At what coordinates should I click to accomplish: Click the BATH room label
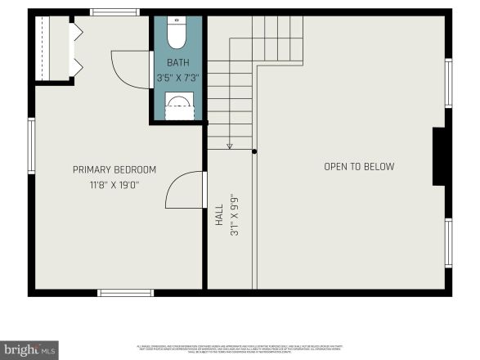tap(178, 63)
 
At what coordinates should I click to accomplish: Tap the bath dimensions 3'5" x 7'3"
tap(178, 79)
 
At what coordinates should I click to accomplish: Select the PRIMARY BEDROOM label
tap(114, 170)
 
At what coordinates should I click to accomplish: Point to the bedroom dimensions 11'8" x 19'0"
tap(114, 185)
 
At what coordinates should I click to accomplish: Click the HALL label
tap(219, 215)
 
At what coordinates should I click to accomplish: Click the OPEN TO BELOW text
tap(359, 167)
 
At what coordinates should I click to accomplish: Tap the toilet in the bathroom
tap(177, 34)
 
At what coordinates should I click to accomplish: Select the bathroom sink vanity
tap(179, 106)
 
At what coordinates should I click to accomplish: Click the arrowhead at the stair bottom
tap(230, 146)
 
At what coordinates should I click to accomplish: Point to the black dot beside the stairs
tap(254, 151)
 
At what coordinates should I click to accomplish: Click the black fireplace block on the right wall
tap(440, 156)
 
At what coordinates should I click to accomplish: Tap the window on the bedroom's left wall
tap(31, 146)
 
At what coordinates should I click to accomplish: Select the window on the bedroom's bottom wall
tap(125, 292)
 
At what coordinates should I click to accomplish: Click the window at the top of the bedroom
tap(114, 12)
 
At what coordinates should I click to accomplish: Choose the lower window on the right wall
tap(448, 242)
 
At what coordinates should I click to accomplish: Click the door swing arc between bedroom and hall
tap(182, 191)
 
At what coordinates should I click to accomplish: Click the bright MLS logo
tap(29, 350)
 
